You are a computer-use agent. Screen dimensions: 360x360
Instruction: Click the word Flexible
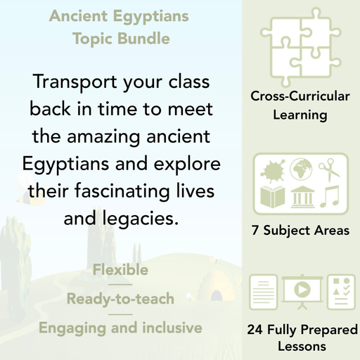coord(120,270)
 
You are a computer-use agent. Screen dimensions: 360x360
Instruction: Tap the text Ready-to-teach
coord(120,299)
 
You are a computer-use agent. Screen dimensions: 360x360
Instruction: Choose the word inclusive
coord(169,328)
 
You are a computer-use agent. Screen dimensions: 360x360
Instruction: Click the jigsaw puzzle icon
coord(300,47)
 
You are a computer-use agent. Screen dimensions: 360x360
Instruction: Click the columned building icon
coord(300,195)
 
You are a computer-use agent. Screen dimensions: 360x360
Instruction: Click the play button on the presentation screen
coord(300,290)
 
